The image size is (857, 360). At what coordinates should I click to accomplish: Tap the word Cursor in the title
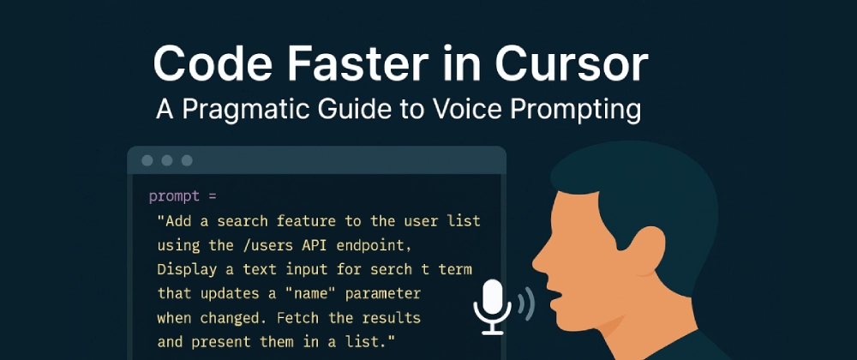(x=572, y=64)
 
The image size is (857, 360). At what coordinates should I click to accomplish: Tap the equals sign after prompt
(x=212, y=196)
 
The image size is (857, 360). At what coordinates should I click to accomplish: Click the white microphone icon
(x=493, y=307)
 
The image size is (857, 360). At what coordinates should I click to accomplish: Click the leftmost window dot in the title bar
(x=147, y=160)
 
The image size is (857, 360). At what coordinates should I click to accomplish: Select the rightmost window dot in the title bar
(x=187, y=160)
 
